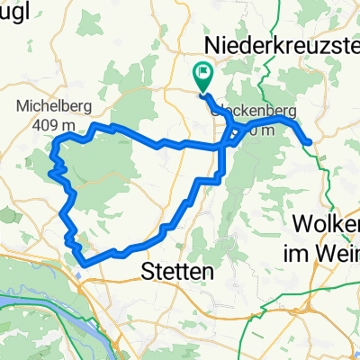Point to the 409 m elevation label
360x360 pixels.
point(54,123)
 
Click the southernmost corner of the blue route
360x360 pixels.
point(84,262)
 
